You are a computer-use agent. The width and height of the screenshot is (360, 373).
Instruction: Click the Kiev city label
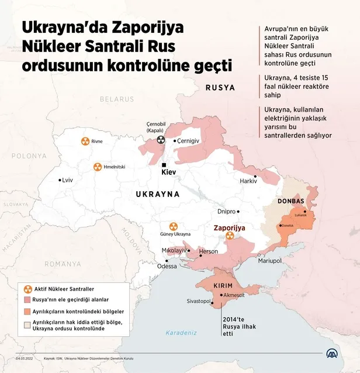(x=168, y=174)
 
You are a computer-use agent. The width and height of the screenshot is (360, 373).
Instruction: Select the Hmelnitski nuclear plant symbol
(x=98, y=167)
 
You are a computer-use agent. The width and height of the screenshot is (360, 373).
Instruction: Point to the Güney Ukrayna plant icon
(x=173, y=226)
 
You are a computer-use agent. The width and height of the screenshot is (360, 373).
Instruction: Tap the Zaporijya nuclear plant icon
(x=230, y=236)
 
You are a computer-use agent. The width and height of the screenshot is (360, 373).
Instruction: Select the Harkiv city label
(x=248, y=181)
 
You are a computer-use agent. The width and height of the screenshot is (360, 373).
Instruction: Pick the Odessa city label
(x=167, y=266)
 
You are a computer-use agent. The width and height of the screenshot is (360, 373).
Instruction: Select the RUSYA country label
(x=220, y=87)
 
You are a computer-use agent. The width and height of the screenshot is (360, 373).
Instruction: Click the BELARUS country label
(x=116, y=99)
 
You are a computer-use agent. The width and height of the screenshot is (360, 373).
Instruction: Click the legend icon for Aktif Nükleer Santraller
(x=27, y=289)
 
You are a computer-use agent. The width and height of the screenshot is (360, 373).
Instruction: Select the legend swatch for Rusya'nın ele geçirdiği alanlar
(x=27, y=299)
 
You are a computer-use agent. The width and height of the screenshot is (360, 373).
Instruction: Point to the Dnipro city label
(x=226, y=211)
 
